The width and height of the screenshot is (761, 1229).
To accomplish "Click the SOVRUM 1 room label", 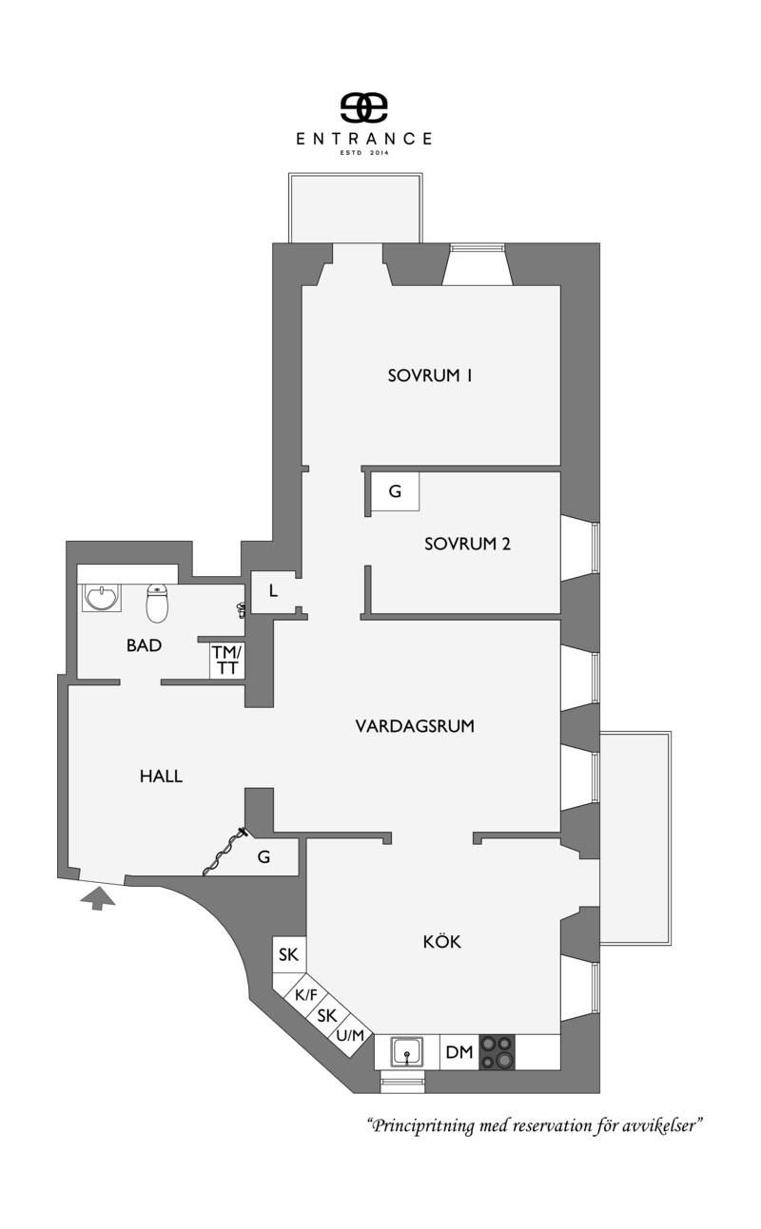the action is tap(429, 375).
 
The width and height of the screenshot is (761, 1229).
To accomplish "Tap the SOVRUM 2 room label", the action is tap(467, 544).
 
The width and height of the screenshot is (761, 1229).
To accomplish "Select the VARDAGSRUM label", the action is tap(415, 726).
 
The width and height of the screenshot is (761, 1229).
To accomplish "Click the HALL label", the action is tap(161, 776).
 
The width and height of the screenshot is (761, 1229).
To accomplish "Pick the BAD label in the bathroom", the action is tap(144, 645).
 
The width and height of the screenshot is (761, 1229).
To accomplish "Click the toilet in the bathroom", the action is tap(157, 603).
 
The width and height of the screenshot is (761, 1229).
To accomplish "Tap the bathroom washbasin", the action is tap(102, 598).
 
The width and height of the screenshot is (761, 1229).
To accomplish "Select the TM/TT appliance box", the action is tap(226, 660).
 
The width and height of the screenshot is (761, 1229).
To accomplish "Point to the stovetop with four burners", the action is tap(498, 1052).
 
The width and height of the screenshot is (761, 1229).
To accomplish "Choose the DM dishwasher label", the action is tap(459, 1052).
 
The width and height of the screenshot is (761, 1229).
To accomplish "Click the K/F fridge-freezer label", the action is tap(306, 994).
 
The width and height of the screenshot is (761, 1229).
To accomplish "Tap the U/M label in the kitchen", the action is tap(350, 1035).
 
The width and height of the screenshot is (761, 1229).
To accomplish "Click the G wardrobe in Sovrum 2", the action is tap(395, 491).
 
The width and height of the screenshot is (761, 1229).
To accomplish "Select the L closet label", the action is tap(273, 591).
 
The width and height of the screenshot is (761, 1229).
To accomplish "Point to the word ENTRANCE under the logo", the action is tap(364, 139).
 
